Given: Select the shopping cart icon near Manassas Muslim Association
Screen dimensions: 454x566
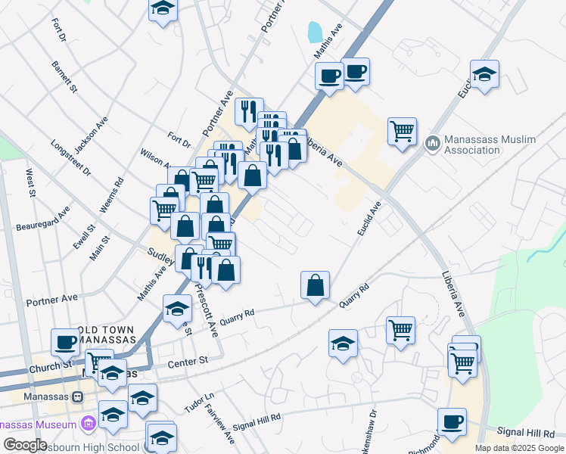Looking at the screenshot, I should [x=402, y=130].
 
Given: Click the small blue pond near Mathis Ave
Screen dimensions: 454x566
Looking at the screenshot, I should [x=314, y=33].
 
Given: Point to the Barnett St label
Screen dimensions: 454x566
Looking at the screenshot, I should [x=64, y=78].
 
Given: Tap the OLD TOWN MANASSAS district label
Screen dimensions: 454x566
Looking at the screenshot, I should [x=105, y=335].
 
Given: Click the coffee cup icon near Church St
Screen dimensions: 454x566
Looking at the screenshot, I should [x=66, y=341].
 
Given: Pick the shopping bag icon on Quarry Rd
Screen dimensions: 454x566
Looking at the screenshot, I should [x=315, y=285].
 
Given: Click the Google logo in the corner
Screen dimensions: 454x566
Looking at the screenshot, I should [x=26, y=445].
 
